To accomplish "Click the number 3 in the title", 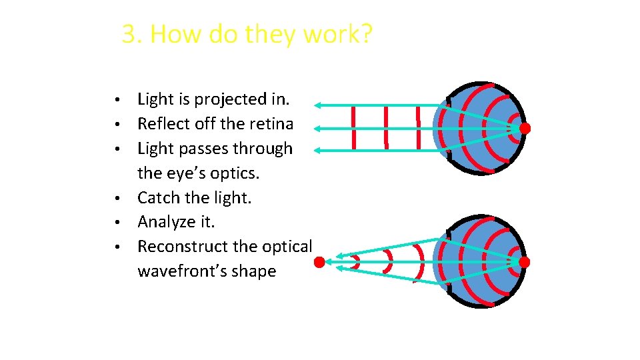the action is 129,33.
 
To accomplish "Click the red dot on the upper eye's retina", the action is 525,128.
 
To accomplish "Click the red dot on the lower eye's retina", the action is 525,263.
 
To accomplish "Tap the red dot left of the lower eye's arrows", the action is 320,263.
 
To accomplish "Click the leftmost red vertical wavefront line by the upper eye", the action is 353,128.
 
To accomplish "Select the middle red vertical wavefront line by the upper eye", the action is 386,128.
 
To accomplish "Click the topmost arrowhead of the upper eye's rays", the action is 319,105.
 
